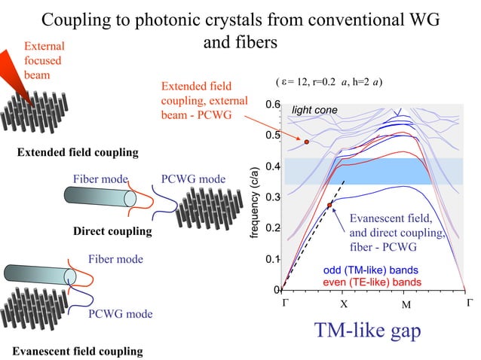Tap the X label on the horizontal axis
point(342,305)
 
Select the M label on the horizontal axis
point(406,305)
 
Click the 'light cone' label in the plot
point(314,111)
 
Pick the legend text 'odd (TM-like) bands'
point(372,270)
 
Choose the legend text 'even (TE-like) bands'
point(372,282)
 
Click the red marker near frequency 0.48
point(307,142)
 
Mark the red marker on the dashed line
point(329,205)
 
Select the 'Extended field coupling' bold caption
point(77,153)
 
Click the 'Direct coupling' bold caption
point(112,231)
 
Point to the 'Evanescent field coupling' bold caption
point(77,351)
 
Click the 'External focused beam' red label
point(44,60)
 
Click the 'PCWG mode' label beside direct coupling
point(193,179)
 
